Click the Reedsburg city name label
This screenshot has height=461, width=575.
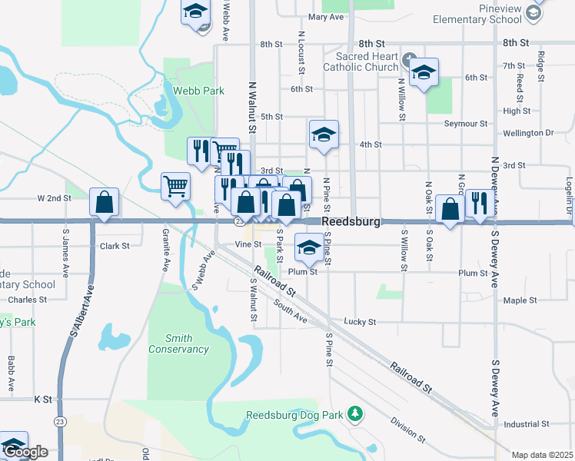click(352, 221)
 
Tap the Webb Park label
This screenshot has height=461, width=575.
click(198, 91)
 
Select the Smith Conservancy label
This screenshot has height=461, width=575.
click(177, 343)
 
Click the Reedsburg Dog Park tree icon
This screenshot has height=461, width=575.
click(355, 415)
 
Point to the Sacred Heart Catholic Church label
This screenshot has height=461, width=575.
click(367, 61)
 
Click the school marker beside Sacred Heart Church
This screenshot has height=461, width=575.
click(423, 72)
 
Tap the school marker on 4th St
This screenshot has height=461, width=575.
click(324, 134)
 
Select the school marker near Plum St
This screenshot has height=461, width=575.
click(309, 247)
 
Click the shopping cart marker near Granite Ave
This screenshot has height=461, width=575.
click(175, 185)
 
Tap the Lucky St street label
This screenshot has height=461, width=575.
click(360, 322)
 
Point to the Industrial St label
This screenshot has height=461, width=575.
click(526, 423)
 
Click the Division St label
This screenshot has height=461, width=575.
click(407, 430)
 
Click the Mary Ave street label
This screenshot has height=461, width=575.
click(325, 17)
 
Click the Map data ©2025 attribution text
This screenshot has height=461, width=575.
click(543, 455)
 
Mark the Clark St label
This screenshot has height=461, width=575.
click(115, 247)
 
